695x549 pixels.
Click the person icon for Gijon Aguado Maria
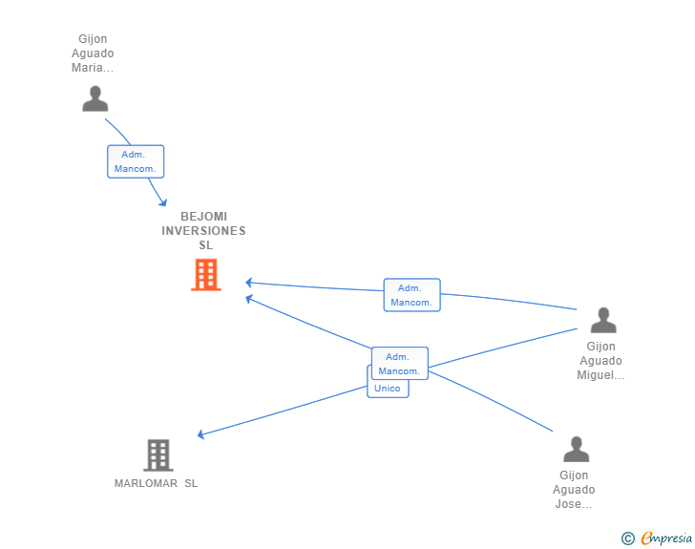pos(95,98)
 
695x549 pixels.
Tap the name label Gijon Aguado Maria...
pos(93,53)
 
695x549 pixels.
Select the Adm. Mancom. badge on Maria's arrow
pos(136,161)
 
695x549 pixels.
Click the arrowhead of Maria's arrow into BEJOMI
pos(163,202)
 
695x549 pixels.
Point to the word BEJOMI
pos(203,217)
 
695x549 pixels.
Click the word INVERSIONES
pos(203,231)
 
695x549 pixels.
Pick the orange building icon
pos(205,275)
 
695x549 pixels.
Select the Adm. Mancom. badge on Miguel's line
pos(411,295)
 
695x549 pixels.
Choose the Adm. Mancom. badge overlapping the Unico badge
pos(399,363)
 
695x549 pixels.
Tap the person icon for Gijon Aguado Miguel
pos(602,320)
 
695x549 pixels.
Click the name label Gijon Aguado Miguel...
pos(600,361)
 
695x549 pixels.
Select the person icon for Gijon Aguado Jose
pos(576,449)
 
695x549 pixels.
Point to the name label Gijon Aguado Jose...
pos(574,490)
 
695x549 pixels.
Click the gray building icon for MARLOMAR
pos(158,455)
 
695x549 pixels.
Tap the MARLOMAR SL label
pos(156,483)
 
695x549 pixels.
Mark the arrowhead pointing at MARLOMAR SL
pos(200,435)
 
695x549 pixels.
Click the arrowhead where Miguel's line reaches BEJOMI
pos(248,283)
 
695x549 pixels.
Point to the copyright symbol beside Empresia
pos(627,538)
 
